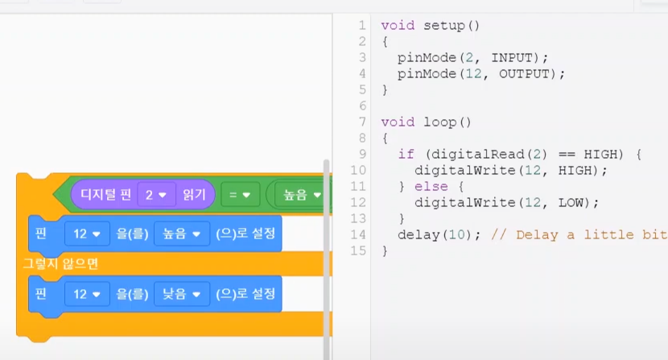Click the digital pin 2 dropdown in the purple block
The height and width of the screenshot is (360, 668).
(156, 194)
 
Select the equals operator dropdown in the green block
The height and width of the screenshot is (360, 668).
(240, 194)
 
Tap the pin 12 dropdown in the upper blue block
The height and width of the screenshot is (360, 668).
(87, 233)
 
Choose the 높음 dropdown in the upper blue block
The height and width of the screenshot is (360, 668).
(181, 233)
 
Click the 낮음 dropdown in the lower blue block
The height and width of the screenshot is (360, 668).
(181, 294)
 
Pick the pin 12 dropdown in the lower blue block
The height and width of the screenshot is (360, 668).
(87, 294)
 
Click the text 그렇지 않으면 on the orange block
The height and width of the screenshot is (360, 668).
(60, 263)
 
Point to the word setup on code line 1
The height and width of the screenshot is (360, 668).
(444, 25)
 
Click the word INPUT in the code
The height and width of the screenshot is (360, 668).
(512, 57)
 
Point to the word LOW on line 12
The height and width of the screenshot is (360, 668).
(579, 202)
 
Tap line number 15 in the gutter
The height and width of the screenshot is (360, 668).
(358, 250)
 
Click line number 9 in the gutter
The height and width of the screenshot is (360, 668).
(362, 154)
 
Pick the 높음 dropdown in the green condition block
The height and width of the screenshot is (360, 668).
(299, 194)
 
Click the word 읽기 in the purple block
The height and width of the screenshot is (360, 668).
(195, 194)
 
